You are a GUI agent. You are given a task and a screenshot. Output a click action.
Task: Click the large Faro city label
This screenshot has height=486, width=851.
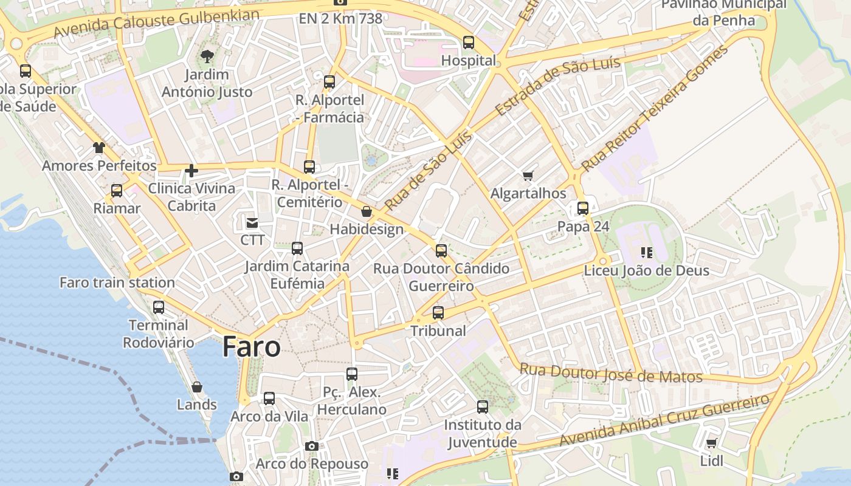pos(251,347)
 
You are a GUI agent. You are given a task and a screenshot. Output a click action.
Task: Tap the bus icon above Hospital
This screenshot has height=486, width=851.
pos(468,43)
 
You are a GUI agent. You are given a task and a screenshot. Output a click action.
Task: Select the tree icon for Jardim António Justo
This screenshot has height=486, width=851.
pos(207,57)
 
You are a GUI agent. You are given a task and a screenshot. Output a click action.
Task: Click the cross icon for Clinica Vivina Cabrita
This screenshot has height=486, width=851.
pos(191,171)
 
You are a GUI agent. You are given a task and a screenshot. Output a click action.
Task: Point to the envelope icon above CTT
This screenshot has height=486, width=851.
pos(252,222)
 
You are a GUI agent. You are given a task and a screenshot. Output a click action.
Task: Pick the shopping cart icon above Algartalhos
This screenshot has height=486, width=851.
pos(528,176)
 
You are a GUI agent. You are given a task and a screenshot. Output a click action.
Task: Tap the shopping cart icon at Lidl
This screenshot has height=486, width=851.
pos(711,443)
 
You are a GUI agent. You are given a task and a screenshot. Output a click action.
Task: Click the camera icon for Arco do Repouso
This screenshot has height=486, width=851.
pos(311,447)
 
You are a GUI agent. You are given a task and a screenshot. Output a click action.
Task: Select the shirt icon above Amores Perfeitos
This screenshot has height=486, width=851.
pos(98,148)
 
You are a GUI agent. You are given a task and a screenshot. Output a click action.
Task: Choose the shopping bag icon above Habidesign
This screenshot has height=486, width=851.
pos(366,211)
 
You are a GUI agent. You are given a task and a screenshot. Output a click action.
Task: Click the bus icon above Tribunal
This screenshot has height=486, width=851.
pos(438,313)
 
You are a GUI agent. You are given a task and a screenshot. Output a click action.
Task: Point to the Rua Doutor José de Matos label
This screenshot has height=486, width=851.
pos(610,373)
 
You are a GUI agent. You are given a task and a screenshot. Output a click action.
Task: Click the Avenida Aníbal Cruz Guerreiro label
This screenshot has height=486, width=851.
pos(664,420)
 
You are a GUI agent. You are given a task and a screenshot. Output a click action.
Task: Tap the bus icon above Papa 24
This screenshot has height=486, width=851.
pos(582,208)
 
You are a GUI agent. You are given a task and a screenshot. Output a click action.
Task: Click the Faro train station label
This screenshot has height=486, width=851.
pos(117,282)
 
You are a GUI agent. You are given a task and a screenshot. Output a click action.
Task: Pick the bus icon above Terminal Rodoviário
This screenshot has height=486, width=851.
pos(159,307)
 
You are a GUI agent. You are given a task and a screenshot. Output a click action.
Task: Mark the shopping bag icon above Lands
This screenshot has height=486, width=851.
pos(196,387)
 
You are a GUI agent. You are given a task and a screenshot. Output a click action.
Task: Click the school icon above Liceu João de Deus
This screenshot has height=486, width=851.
pos(646,252)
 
